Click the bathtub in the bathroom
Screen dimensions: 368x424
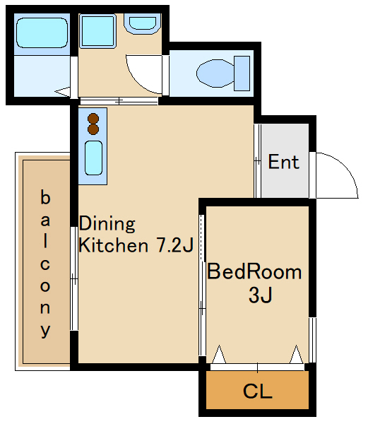(42, 33)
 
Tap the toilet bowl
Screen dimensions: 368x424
(215, 73)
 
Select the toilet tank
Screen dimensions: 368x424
(242, 73)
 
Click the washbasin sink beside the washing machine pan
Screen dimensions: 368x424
(143, 24)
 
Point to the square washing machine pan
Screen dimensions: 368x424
(97, 31)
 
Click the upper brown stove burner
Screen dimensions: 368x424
(93, 119)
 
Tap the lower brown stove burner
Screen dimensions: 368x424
(93, 129)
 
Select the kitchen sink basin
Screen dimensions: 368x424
(93, 158)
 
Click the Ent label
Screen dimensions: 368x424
(284, 162)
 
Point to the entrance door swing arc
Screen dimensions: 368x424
(348, 167)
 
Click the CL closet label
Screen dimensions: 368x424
(257, 391)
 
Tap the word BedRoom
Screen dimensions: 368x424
(254, 271)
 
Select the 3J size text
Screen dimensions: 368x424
(260, 295)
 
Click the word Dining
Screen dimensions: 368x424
(107, 223)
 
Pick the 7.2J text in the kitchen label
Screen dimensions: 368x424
(174, 245)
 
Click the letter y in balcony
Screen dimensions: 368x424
(45, 331)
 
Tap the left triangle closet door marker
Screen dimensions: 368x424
(219, 354)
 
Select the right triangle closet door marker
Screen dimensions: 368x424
(297, 354)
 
